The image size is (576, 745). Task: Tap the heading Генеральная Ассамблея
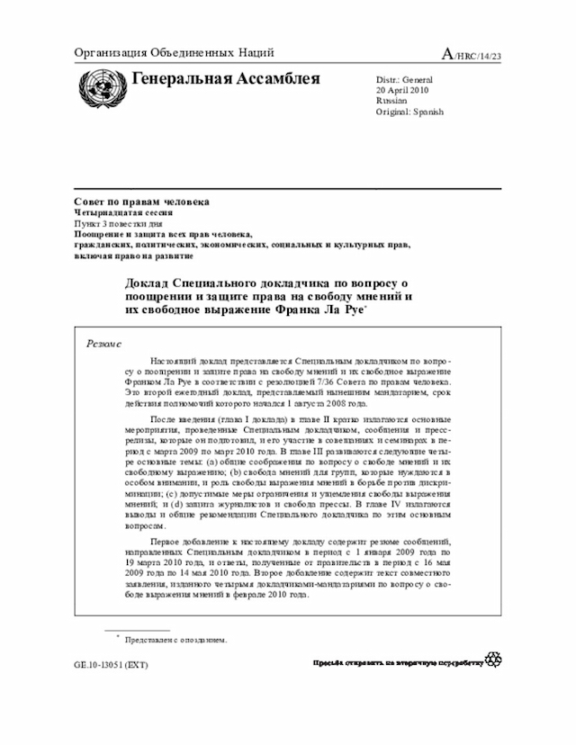225,79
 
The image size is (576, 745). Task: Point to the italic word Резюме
104,343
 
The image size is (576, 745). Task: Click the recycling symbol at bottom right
492,660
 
